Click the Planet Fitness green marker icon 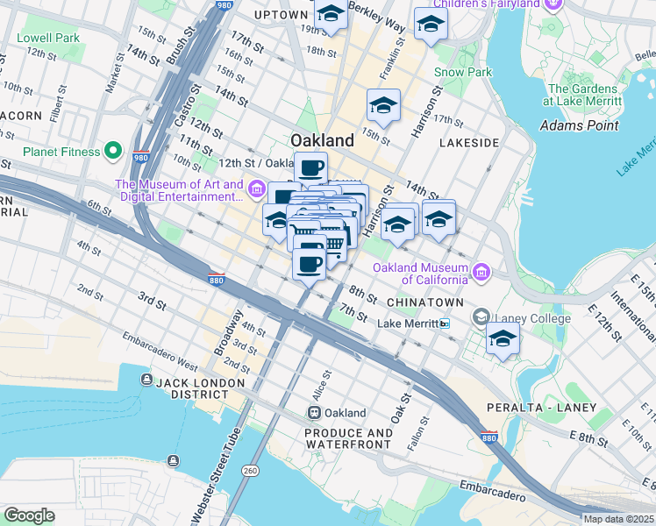[x=112, y=152]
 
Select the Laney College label [x=524, y=316]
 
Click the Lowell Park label [x=48, y=39]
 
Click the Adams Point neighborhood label [x=579, y=125]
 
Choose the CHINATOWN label [x=424, y=302]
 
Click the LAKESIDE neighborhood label [x=469, y=142]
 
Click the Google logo [x=28, y=515]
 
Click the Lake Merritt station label [x=408, y=323]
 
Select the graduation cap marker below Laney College [x=503, y=339]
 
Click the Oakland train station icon [x=314, y=413]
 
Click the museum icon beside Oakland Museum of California [x=481, y=273]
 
